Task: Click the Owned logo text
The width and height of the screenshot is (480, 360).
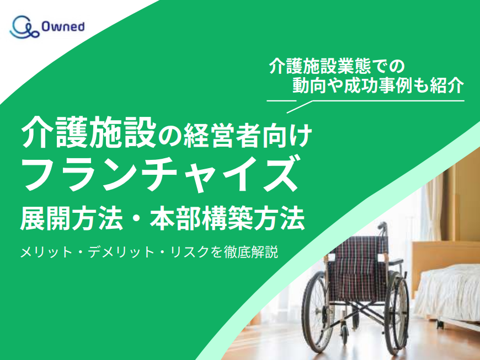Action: coord(63,26)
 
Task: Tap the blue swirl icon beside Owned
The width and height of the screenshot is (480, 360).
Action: coord(24,27)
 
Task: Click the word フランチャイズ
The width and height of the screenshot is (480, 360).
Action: coord(160,174)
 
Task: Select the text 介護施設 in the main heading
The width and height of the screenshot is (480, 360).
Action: coord(89,132)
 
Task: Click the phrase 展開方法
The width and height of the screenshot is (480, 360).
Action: coord(72,218)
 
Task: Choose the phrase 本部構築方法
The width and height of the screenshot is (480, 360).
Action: coord(227,218)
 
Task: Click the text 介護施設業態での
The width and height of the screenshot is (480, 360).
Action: coord(337,66)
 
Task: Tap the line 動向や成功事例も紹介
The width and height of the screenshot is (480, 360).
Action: coord(378,85)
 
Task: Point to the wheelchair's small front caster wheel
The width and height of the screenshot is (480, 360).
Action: coord(345,334)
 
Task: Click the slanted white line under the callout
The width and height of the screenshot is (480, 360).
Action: coord(300,107)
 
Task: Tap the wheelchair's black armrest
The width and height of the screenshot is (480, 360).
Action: coord(394,261)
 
